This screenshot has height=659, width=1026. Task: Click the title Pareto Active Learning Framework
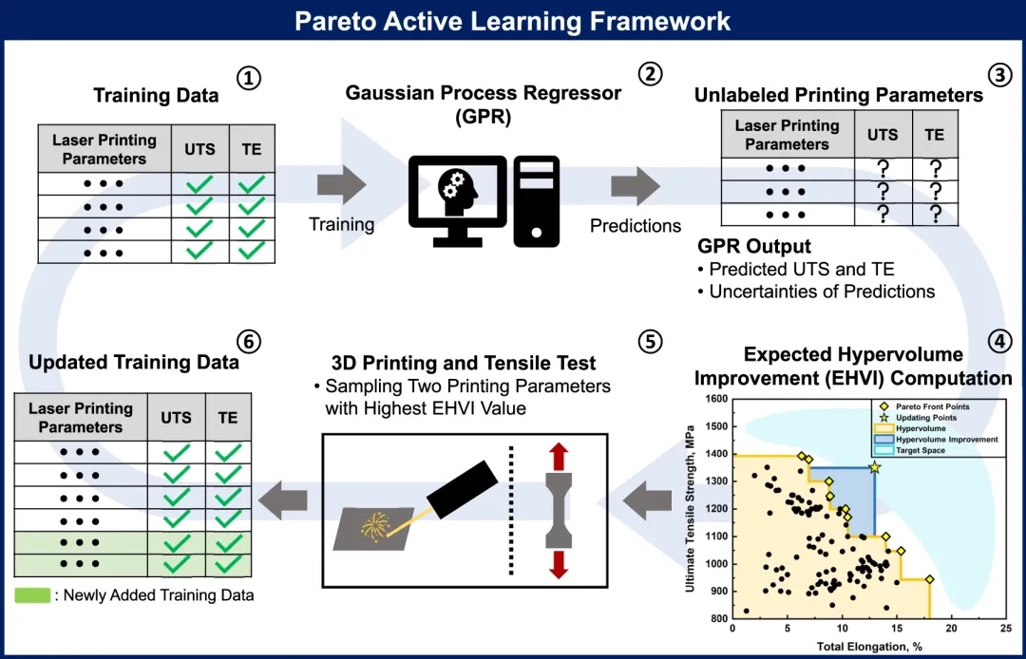point(513,21)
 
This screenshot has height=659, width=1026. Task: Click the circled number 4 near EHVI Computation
point(999,342)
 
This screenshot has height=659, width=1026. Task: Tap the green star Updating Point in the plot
point(874,466)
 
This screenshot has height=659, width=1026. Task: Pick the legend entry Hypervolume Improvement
point(946,440)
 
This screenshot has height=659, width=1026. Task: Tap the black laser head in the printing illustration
point(463,486)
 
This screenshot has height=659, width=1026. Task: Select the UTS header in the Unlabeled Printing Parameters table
point(882,135)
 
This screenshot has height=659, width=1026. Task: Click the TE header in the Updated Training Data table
point(229,417)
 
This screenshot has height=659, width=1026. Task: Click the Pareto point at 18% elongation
point(930,578)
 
